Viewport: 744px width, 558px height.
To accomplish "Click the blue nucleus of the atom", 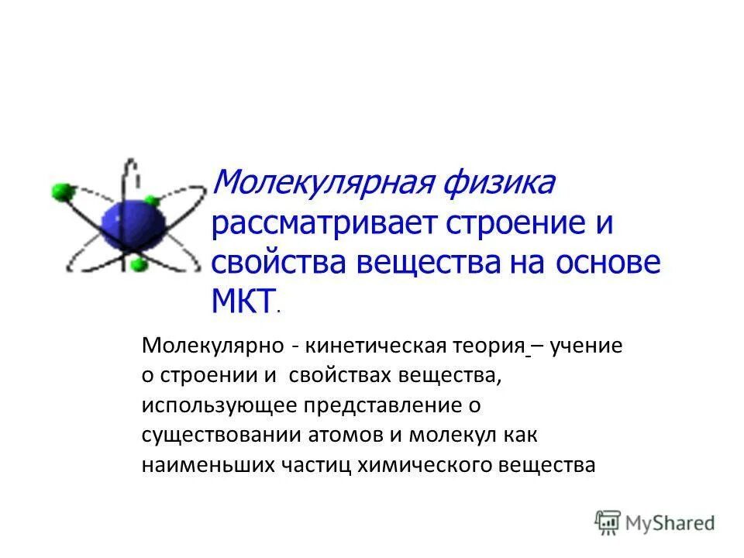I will pos(133,224).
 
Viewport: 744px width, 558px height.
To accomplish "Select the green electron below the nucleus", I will pos(139,266).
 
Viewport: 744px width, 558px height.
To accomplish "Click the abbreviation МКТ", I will pos(243,300).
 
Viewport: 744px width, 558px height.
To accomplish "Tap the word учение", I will pos(587,345).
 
